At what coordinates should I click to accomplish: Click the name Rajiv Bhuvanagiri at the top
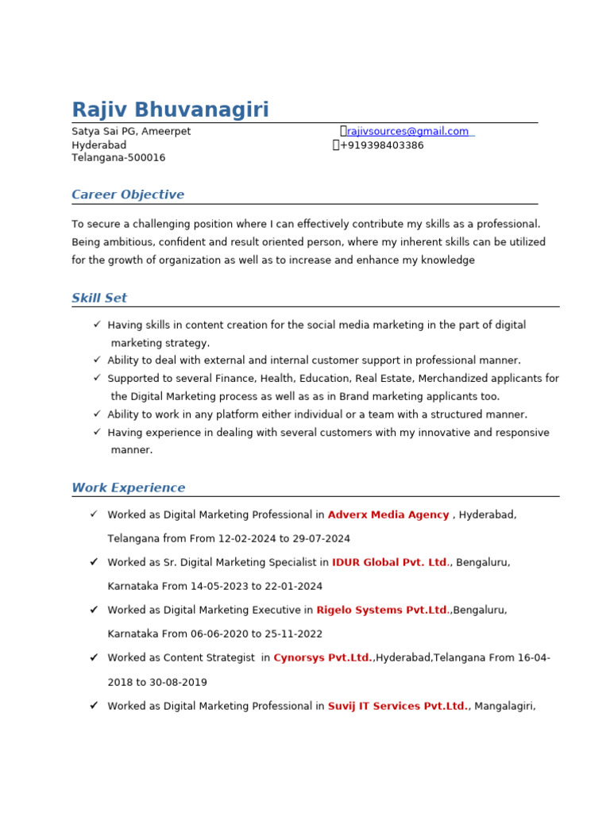(x=170, y=110)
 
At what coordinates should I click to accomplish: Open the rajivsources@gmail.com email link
(x=407, y=131)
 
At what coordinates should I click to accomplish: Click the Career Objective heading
(x=128, y=195)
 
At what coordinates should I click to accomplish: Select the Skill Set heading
(x=99, y=298)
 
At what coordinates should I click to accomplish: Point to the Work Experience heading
(x=129, y=487)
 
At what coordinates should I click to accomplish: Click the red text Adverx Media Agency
(x=388, y=514)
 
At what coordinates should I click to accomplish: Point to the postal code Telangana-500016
(x=118, y=157)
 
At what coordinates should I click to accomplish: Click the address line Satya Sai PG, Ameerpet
(x=131, y=131)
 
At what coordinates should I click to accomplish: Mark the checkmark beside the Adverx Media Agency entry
(x=94, y=514)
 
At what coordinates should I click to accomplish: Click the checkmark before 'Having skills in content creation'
(x=97, y=324)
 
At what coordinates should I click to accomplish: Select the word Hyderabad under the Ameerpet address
(x=99, y=145)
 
